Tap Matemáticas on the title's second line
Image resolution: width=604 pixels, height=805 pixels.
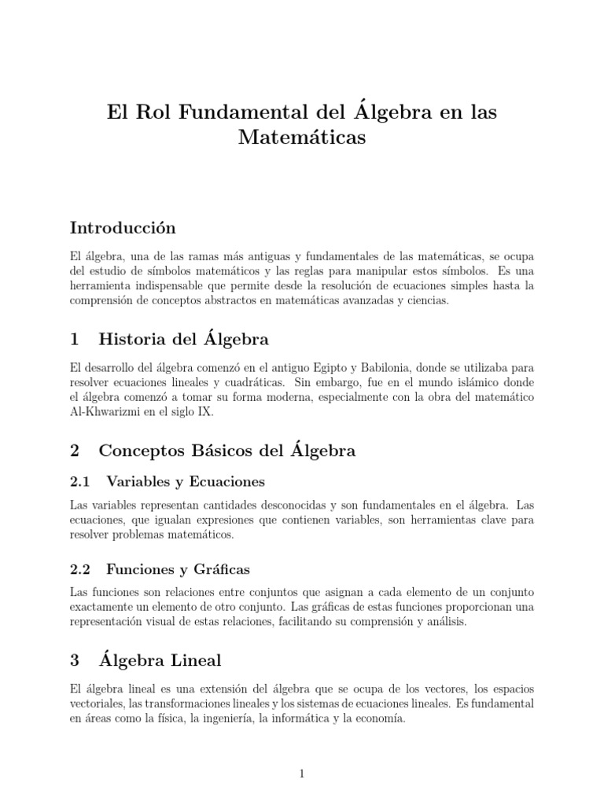coord(302,138)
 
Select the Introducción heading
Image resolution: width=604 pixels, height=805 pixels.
coord(123,228)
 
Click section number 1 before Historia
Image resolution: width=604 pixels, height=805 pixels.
coord(75,340)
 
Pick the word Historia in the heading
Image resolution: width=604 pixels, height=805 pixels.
coord(134,340)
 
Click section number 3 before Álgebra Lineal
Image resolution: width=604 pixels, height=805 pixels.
coord(75,660)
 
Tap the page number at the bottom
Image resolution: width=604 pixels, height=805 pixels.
coord(302,774)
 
